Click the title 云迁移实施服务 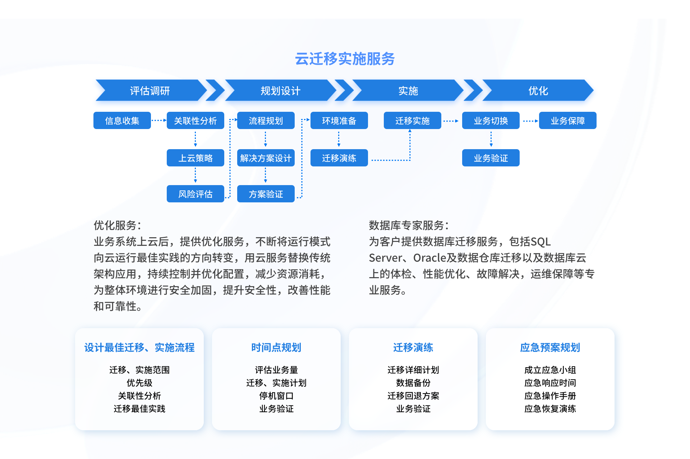coord(345,59)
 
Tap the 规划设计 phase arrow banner coord(280,90)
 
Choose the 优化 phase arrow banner coord(538,90)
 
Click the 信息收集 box coord(122,120)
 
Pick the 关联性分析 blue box coord(195,120)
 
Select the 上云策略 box coord(195,158)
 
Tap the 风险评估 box coord(195,194)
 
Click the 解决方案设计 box coord(266,158)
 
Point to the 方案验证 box coord(266,194)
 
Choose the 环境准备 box coord(339,120)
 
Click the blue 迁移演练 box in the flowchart coord(339,158)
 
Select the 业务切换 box coord(491,120)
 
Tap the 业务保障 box coord(568,120)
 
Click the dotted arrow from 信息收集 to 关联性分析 coord(159,120)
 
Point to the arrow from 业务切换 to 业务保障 coord(530,121)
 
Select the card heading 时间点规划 coord(276,348)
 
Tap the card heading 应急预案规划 coord(550,348)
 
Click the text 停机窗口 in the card coord(276,396)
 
